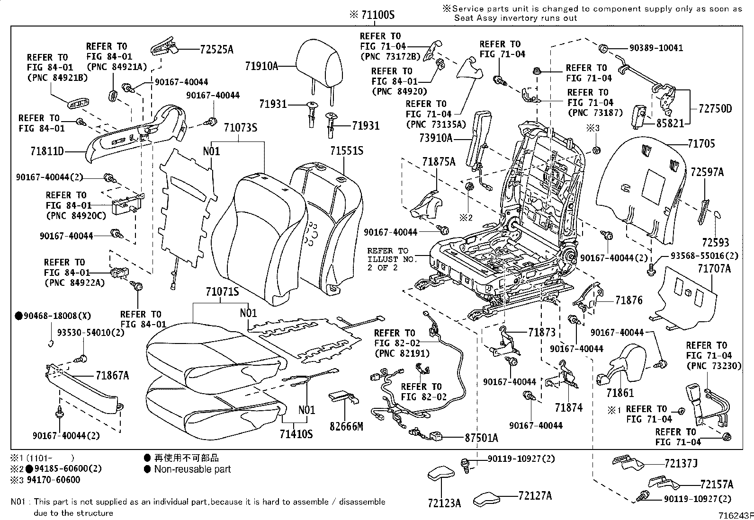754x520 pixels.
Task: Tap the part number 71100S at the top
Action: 377,15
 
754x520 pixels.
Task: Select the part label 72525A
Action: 216,49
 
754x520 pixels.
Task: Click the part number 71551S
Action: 347,150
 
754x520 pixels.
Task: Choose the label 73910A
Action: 436,138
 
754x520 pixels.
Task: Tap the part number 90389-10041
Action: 656,48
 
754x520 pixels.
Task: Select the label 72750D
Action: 715,109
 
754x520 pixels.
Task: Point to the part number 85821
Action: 670,123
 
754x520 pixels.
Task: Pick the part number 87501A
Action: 481,438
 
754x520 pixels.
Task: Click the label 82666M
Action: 346,426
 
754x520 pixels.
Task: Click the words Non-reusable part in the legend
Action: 193,469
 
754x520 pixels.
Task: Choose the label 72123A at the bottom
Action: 444,503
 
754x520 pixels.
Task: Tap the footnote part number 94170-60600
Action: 54,480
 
